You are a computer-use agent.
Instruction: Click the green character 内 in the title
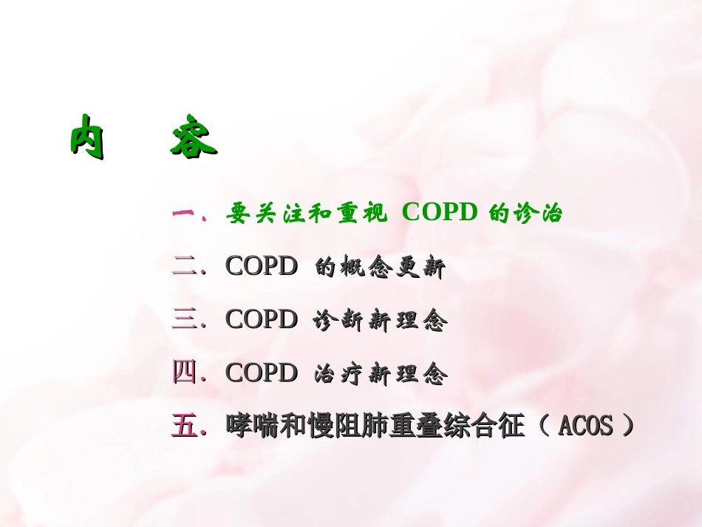pyautogui.click(x=87, y=137)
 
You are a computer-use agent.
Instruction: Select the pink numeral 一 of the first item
pyautogui.click(x=183, y=214)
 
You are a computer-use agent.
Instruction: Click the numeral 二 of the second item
pyautogui.click(x=183, y=267)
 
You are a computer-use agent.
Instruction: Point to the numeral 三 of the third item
pyautogui.click(x=183, y=320)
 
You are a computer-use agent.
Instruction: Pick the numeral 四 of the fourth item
pyautogui.click(x=183, y=373)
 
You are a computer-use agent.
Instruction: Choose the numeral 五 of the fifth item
pyautogui.click(x=183, y=426)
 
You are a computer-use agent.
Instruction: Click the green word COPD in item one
pyautogui.click(x=440, y=213)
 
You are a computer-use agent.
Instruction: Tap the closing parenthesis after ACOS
pyautogui.click(x=628, y=426)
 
